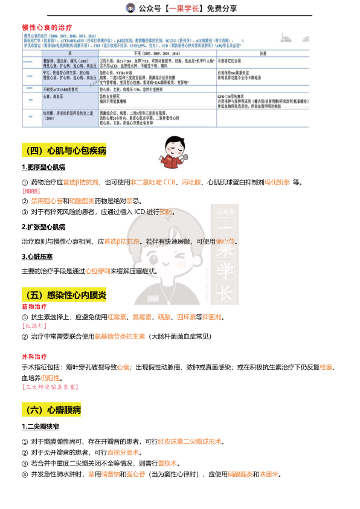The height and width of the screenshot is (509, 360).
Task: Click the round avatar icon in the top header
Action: click(x=130, y=8)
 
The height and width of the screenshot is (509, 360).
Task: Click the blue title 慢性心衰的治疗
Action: click(x=47, y=28)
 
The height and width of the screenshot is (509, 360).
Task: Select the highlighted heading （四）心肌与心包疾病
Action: click(x=63, y=151)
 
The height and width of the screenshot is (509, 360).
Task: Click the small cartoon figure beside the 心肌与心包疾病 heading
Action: click(x=179, y=153)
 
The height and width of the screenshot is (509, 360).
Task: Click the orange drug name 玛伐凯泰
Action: click(x=275, y=182)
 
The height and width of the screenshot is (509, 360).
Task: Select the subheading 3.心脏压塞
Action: click(x=39, y=257)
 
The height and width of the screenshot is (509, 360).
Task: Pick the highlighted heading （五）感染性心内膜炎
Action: click(x=63, y=295)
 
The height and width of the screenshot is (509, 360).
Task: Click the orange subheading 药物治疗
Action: click(x=34, y=307)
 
